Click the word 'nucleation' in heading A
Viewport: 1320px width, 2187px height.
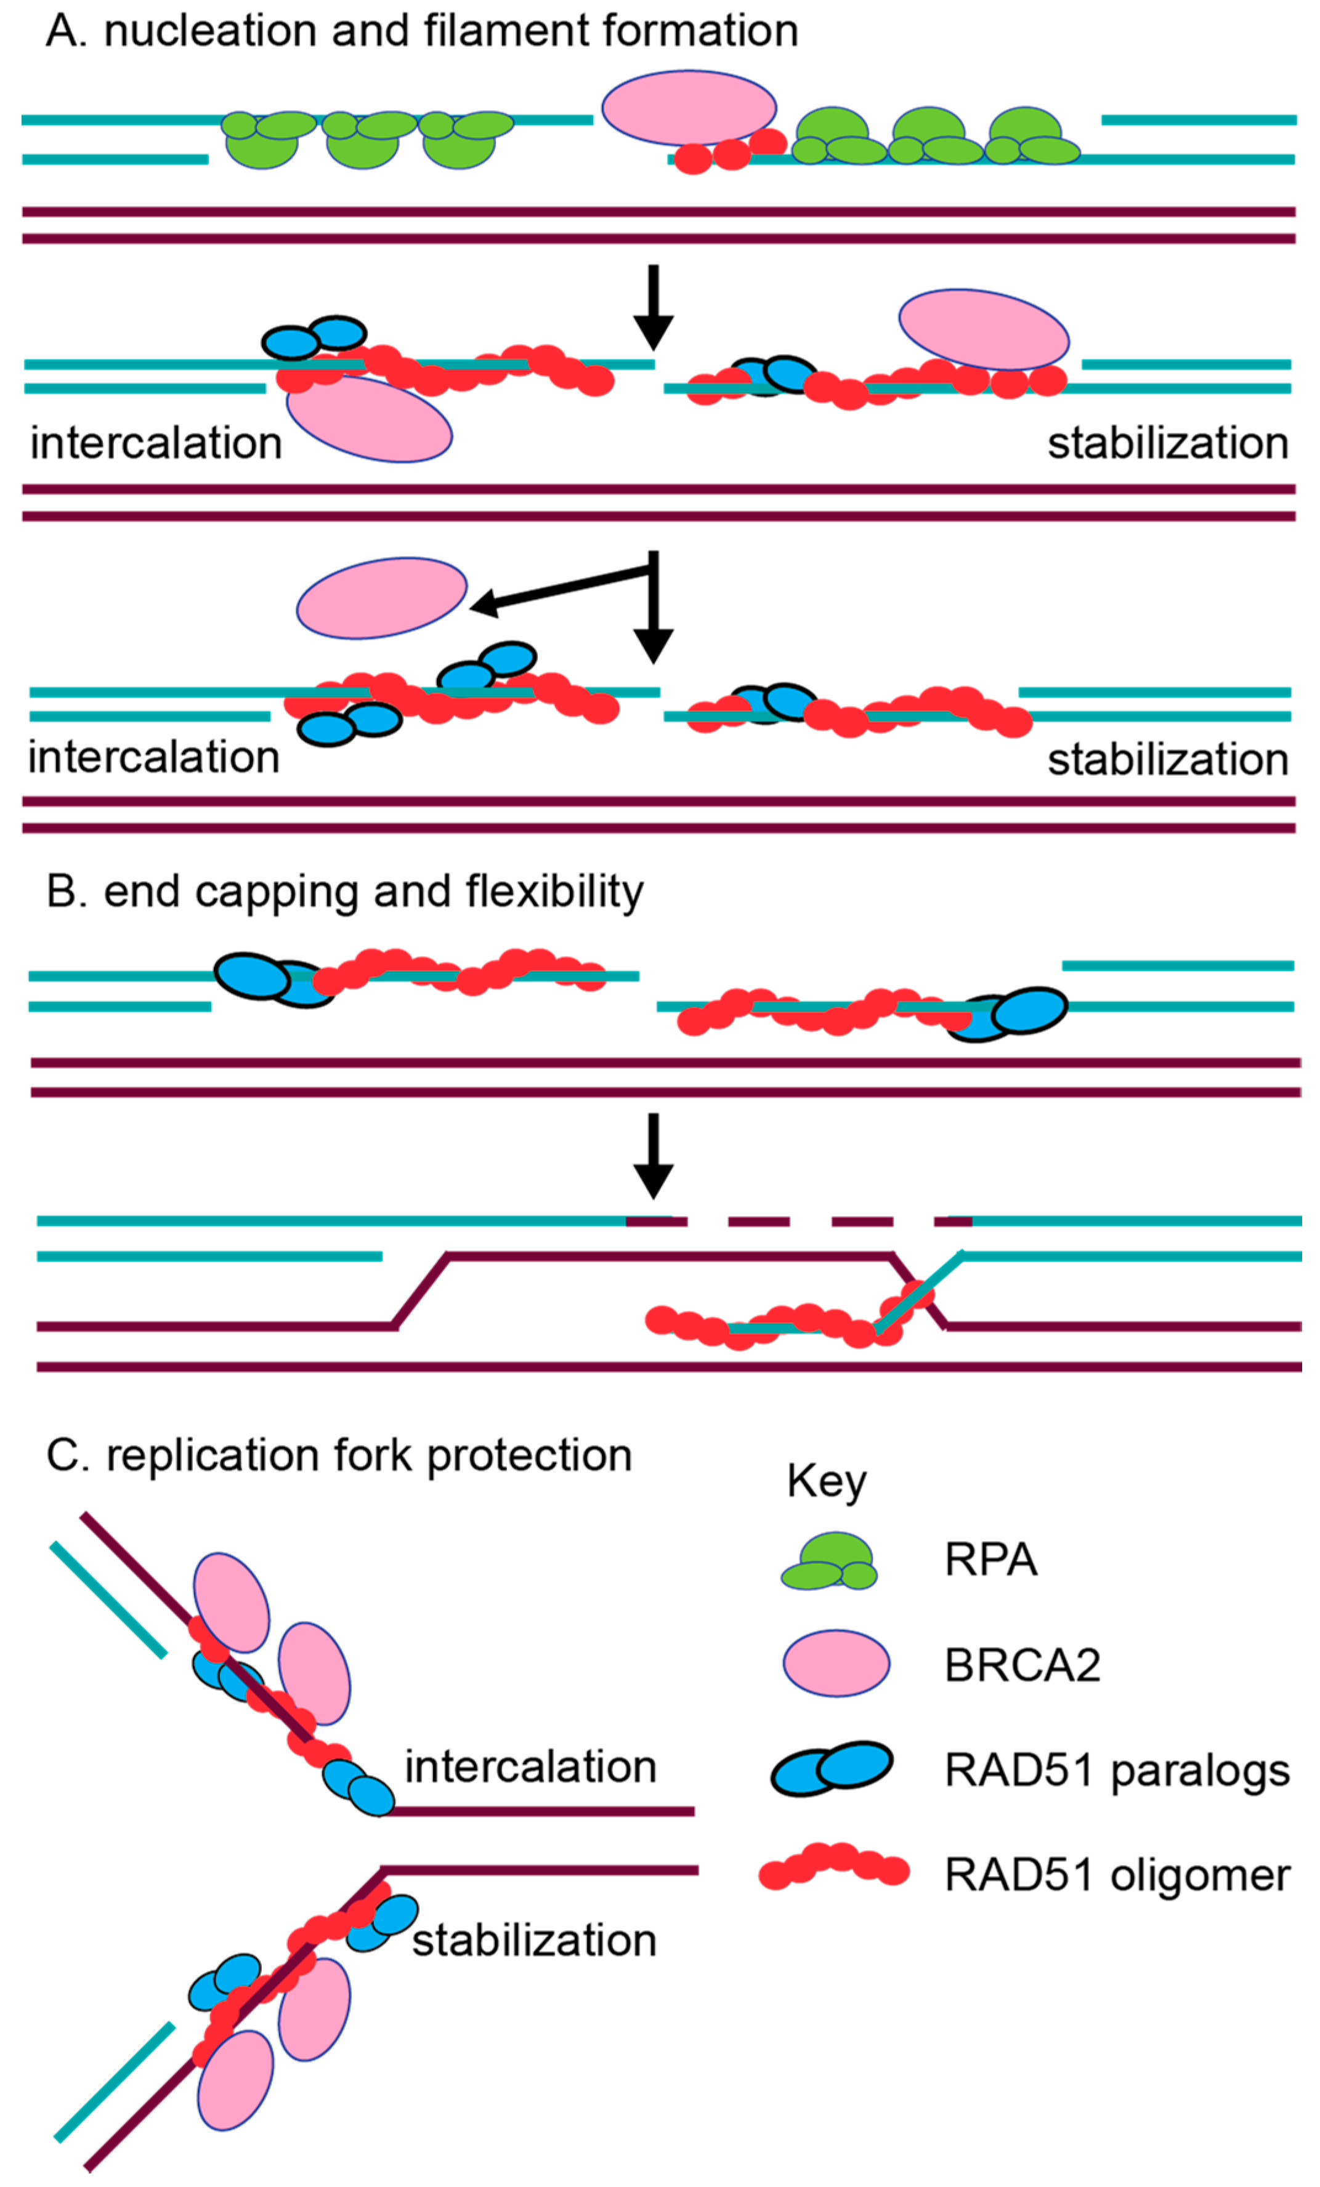point(209,31)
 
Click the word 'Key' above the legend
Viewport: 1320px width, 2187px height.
point(825,1482)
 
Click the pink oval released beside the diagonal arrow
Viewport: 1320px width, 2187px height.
point(382,597)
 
